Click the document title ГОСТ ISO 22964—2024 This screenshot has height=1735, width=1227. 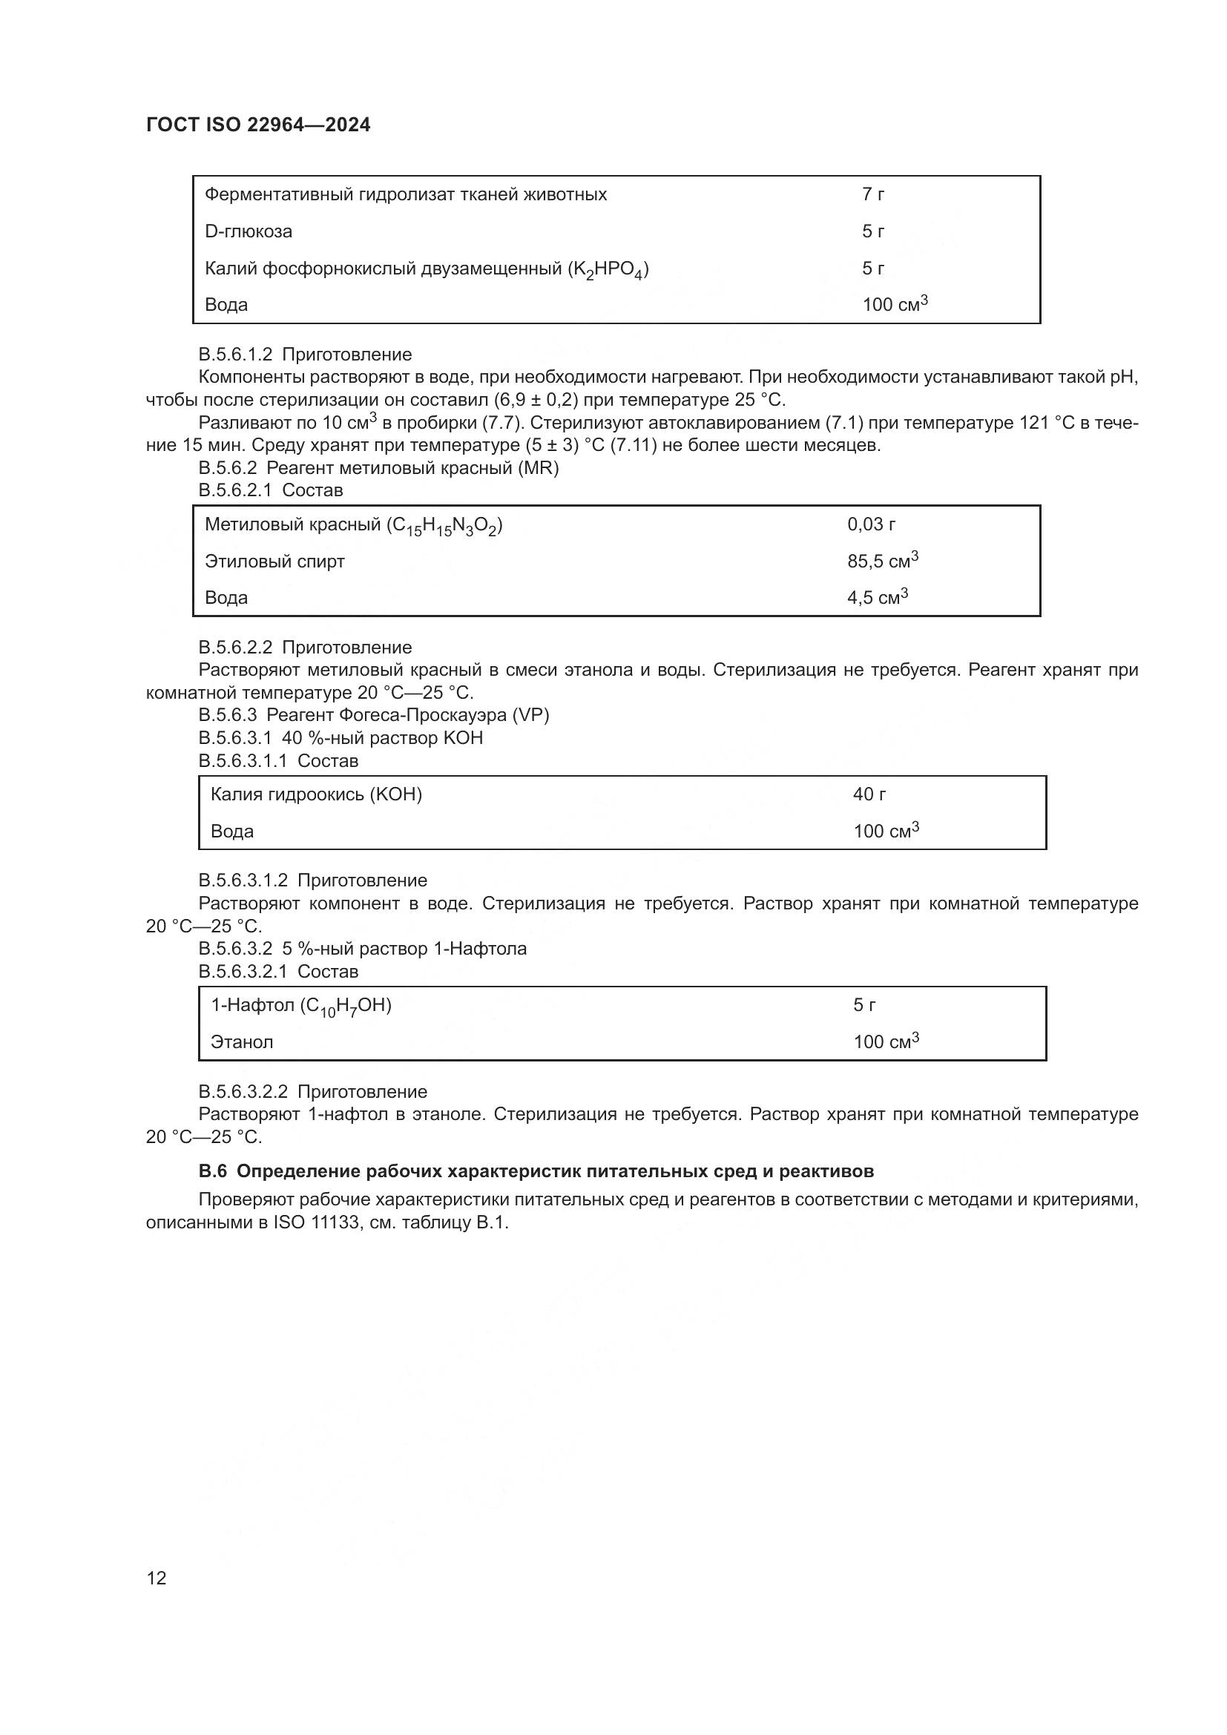click(x=257, y=125)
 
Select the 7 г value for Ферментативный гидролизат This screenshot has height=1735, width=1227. click(x=872, y=194)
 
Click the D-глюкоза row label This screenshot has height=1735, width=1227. click(x=248, y=231)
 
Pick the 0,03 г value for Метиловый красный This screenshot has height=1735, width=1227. click(x=870, y=524)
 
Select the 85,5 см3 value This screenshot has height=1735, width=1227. click(x=882, y=561)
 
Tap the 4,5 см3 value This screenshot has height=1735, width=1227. click(x=876, y=597)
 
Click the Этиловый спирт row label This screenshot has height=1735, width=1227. click(x=274, y=562)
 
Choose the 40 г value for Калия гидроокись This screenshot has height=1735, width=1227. click(x=869, y=794)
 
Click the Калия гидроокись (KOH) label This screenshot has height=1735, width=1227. click(x=316, y=794)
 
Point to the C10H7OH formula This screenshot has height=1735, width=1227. click(x=345, y=1006)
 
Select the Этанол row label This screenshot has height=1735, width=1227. click(x=242, y=1042)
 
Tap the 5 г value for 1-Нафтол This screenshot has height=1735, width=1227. click(x=864, y=1005)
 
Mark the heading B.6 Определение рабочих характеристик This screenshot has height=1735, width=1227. click(x=536, y=1171)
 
